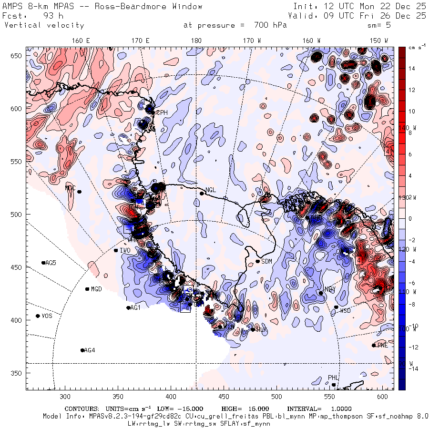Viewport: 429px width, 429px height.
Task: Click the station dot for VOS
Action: click(x=38, y=316)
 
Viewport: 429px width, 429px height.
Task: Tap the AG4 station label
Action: click(x=90, y=350)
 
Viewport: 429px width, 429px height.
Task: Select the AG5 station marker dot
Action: click(x=43, y=263)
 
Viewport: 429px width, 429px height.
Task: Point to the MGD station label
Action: click(x=96, y=289)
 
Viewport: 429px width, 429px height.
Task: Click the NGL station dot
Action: click(x=202, y=193)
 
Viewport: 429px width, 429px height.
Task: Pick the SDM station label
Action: click(x=267, y=261)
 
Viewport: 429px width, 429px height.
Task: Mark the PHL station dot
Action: click(x=334, y=385)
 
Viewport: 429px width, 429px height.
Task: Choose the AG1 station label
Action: click(x=135, y=308)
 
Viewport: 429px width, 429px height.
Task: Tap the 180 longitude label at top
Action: click(x=196, y=41)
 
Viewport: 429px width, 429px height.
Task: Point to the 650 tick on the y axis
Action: click(x=17, y=56)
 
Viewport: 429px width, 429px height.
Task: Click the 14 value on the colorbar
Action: click(x=412, y=69)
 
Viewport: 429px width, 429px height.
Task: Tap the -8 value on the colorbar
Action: click(x=413, y=304)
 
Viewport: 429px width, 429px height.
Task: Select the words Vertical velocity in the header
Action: click(x=44, y=25)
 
